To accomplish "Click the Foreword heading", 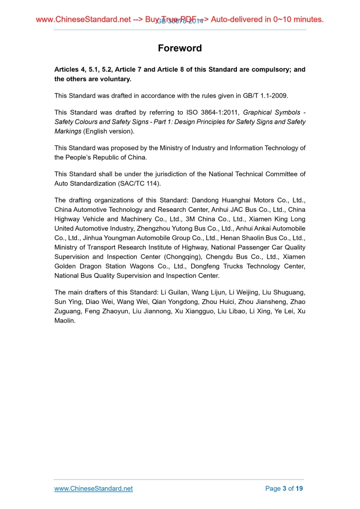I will pyautogui.click(x=180, y=48).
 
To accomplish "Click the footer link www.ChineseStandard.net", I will pyautogui.click(x=94, y=489).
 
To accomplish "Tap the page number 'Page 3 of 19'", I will pyautogui.click(x=284, y=489).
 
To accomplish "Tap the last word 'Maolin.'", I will pyautogui.click(x=65, y=320).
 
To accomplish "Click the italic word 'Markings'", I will pyautogui.click(x=68, y=131).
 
